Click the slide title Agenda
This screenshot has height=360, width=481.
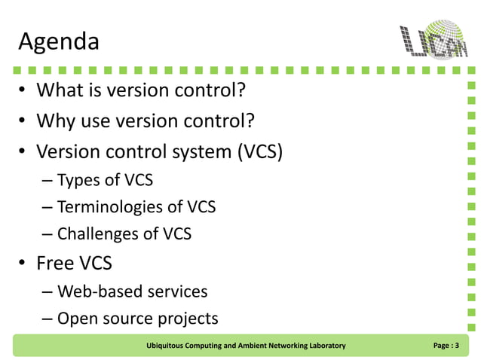point(58,42)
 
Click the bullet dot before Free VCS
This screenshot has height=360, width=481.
point(23,264)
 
